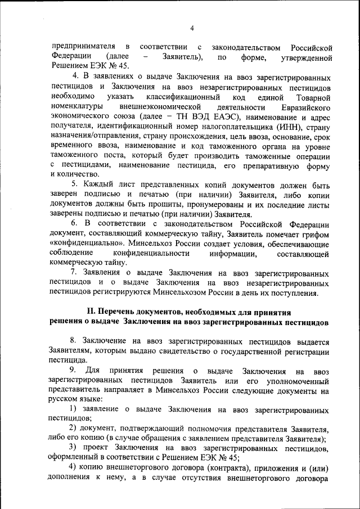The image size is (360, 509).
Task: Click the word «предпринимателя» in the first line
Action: coord(83,46)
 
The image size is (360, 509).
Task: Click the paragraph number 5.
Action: coord(74,184)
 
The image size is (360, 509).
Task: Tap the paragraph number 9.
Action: coord(73,371)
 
